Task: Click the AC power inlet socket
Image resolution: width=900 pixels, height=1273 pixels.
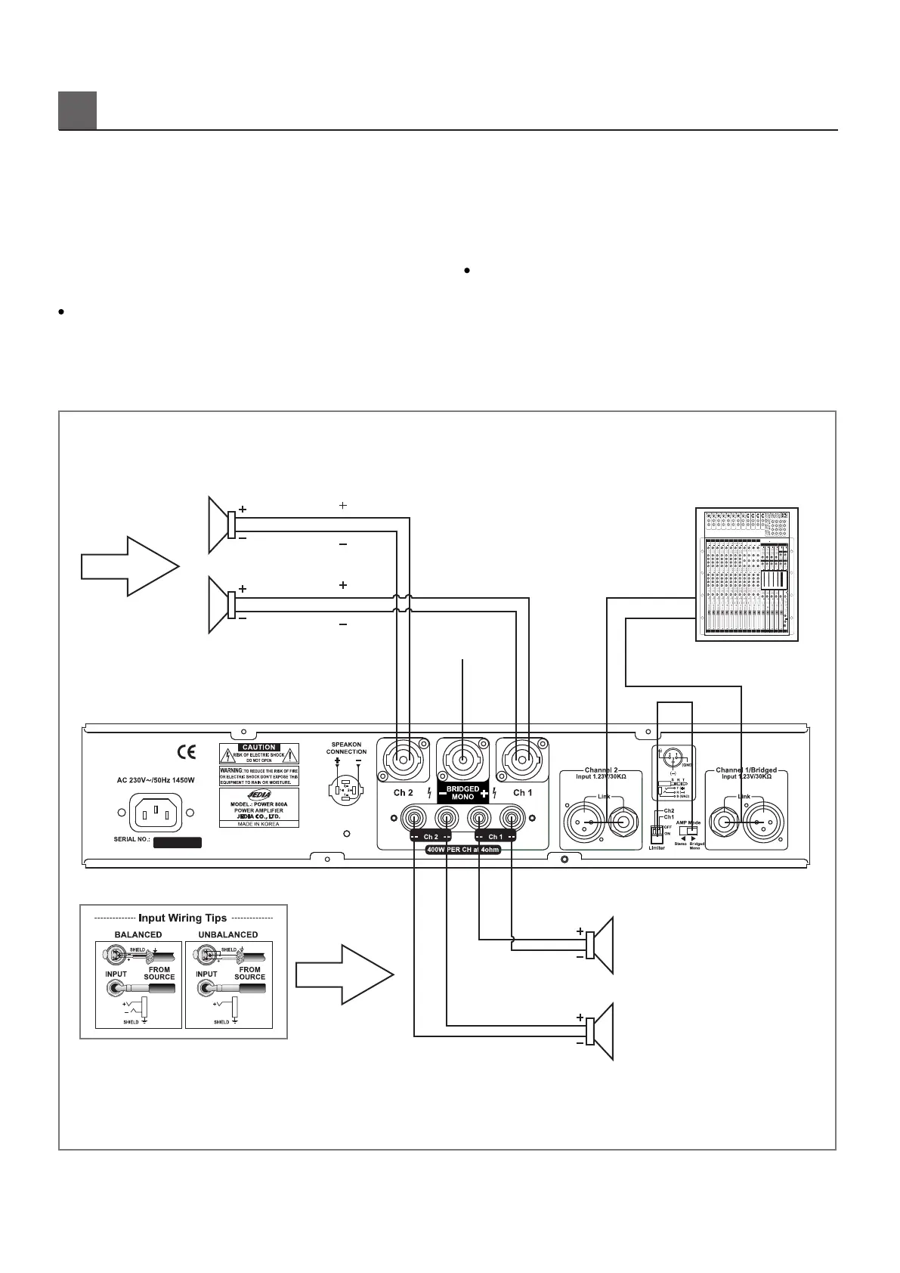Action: pyautogui.click(x=156, y=813)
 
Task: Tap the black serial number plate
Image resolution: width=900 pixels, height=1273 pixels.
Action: pyautogui.click(x=178, y=842)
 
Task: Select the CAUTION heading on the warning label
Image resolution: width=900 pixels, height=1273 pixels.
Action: pyautogui.click(x=258, y=747)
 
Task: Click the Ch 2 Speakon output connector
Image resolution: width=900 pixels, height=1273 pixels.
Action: pyautogui.click(x=403, y=760)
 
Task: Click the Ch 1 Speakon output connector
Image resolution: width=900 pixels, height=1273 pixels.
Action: pyautogui.click(x=522, y=760)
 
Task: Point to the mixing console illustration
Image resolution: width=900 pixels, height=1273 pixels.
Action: pyautogui.click(x=746, y=575)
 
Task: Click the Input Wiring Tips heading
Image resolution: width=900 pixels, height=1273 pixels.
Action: pyautogui.click(x=183, y=918)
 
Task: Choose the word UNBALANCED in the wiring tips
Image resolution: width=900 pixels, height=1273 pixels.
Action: pyautogui.click(x=228, y=934)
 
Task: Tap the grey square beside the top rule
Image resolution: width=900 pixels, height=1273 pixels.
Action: pyautogui.click(x=77, y=110)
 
